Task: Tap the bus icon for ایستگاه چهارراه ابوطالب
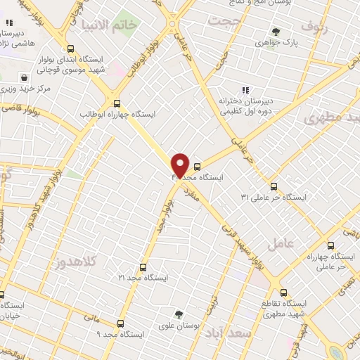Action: point(117,101)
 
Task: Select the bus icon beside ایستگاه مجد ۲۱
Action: point(143,267)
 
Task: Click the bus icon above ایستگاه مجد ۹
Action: point(120,324)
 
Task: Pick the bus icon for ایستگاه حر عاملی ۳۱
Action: point(274,186)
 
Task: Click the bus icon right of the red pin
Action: point(197,167)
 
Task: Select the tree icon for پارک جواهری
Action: point(276,32)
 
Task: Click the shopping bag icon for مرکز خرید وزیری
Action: point(25,77)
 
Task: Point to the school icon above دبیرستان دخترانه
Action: point(245,90)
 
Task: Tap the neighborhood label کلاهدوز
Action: point(103,261)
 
